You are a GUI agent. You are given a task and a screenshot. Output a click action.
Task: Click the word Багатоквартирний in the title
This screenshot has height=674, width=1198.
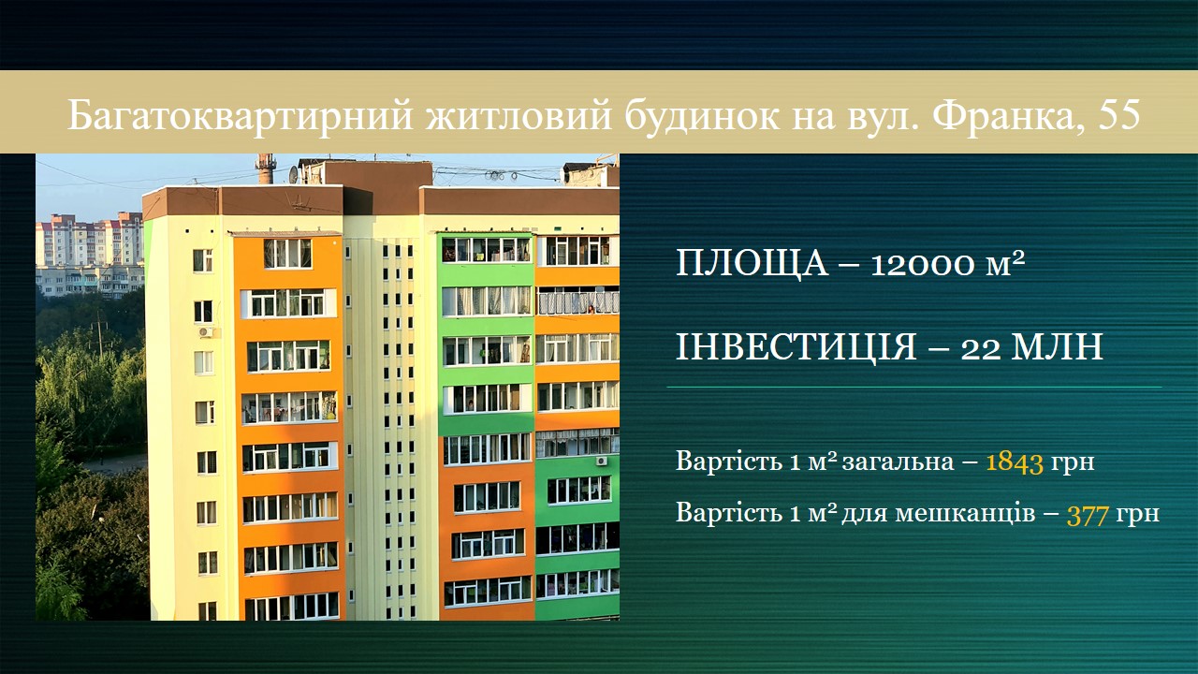[241, 115]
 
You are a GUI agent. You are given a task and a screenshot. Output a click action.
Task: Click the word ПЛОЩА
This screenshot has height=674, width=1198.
[752, 263]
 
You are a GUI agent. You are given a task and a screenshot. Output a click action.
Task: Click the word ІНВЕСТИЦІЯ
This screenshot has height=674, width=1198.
[796, 347]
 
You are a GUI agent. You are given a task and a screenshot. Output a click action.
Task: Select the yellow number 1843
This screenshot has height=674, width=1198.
[1014, 462]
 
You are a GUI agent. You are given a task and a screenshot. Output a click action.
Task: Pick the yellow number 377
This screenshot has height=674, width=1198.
[1088, 516]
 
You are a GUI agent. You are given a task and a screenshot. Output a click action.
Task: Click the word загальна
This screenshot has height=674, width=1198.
[898, 462]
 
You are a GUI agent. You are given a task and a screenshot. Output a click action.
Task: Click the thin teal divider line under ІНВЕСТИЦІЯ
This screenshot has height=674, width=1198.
[914, 387]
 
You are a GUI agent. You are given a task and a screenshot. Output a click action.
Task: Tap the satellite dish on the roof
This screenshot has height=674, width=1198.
[294, 174]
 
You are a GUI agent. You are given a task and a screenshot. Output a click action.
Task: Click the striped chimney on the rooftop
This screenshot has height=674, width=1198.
[264, 169]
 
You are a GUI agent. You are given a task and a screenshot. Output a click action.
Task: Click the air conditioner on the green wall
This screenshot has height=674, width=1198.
[602, 461]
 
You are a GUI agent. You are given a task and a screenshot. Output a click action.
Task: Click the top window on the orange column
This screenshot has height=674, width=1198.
[287, 254]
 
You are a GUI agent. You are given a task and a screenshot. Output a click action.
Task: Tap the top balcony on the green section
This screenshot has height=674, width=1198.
[486, 250]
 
